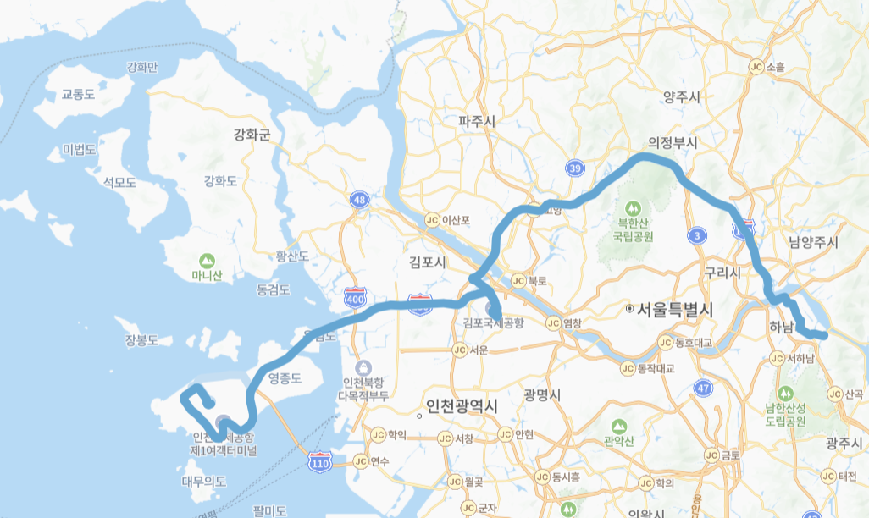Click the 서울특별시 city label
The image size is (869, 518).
point(672,309)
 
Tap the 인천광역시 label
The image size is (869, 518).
point(462,406)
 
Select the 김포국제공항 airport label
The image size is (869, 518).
point(494,322)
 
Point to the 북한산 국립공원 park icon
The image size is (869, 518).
point(632,208)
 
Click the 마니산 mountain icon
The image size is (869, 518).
point(206,260)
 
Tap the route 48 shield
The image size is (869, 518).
point(361,200)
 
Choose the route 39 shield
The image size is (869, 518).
point(575,169)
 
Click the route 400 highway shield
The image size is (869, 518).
point(356,299)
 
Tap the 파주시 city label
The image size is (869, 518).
point(476,122)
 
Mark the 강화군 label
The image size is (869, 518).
point(252,134)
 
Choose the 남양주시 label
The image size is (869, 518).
point(813,243)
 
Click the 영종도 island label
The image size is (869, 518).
point(284,377)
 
